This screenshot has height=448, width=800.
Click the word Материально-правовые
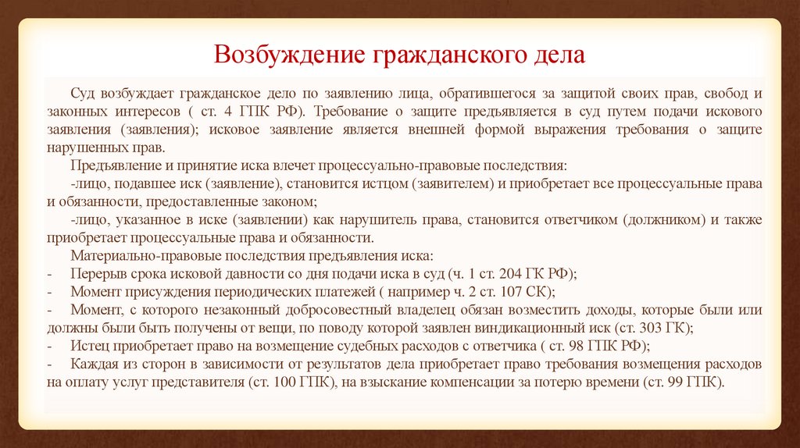tap(134, 256)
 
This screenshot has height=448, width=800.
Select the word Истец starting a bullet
tap(87, 346)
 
